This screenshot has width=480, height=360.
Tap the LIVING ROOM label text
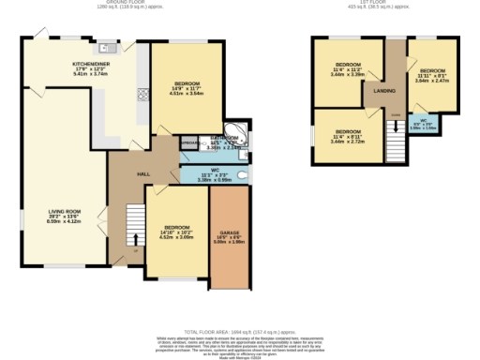(x=65, y=212)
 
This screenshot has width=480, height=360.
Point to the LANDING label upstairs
(x=384, y=91)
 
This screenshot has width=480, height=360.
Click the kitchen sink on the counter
(x=109, y=48)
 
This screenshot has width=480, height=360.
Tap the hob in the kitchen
(x=145, y=92)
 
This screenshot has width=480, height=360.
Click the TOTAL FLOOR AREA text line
(x=239, y=332)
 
